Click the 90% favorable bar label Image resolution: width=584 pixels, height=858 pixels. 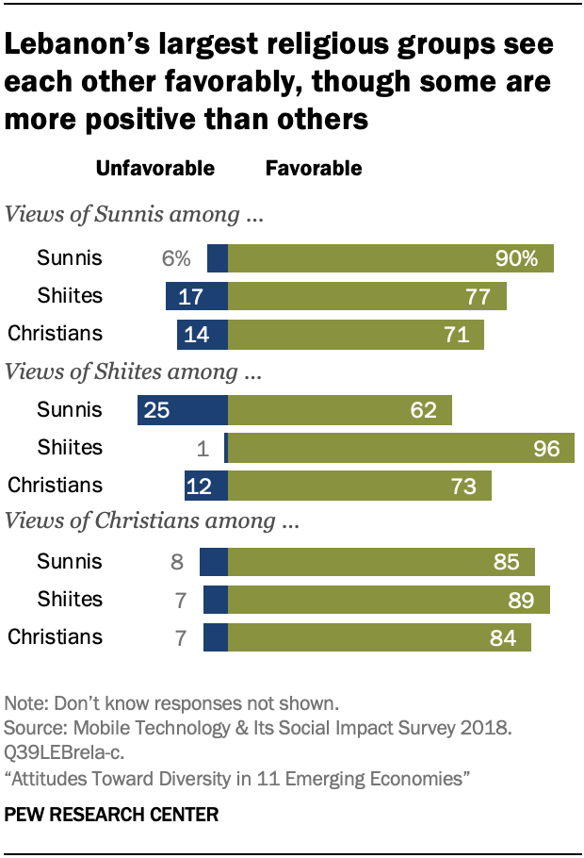click(x=516, y=258)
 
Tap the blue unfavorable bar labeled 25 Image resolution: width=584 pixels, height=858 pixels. click(x=183, y=409)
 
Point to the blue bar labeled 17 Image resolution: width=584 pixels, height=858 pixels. click(x=197, y=296)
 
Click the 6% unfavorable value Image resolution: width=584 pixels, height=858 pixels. click(x=176, y=258)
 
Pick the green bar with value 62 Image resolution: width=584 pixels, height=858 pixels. click(x=340, y=409)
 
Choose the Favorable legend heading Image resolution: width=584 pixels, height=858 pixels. click(x=314, y=169)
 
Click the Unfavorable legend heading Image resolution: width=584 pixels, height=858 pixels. click(x=155, y=169)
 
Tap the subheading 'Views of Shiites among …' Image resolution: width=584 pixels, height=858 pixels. click(x=133, y=371)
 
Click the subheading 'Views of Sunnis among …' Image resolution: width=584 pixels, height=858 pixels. click(x=133, y=214)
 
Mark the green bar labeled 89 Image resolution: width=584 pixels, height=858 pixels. click(x=389, y=600)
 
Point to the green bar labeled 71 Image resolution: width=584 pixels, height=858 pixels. click(x=356, y=334)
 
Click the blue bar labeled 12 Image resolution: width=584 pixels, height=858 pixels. click(x=206, y=486)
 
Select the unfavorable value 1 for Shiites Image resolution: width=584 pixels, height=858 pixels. click(x=203, y=448)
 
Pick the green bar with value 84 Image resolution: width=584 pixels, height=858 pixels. click(x=380, y=637)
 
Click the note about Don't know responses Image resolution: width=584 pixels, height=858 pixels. click(x=171, y=702)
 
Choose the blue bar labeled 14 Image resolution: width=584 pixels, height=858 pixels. click(x=203, y=334)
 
